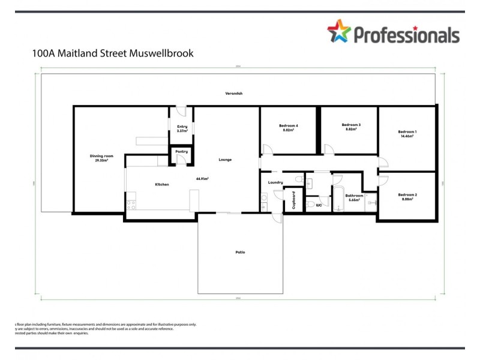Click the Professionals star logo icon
click(x=338, y=32)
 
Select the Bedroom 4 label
click(x=288, y=125)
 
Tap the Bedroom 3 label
click(x=351, y=125)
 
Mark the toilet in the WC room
click(x=308, y=205)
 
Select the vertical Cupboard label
click(x=293, y=200)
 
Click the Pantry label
click(x=181, y=152)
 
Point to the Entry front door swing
click(x=182, y=112)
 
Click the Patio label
click(x=240, y=252)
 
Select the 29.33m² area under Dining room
click(x=97, y=160)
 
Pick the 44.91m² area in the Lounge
click(x=202, y=179)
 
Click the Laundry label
click(x=275, y=182)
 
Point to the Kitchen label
click(x=162, y=184)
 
